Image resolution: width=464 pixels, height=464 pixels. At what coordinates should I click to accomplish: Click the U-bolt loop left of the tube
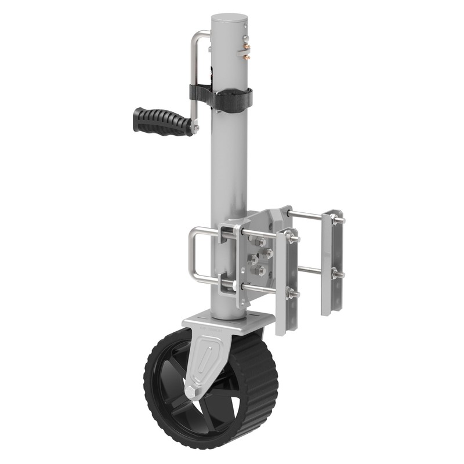tap(194, 256)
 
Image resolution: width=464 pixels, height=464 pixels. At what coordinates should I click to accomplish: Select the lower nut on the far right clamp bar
tap(335, 274)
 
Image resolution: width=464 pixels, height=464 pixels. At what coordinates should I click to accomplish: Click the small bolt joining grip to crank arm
tap(195, 128)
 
